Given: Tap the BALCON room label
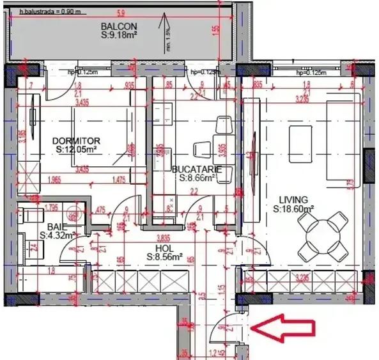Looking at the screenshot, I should point(116,26).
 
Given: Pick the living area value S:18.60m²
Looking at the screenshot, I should point(293,208).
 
